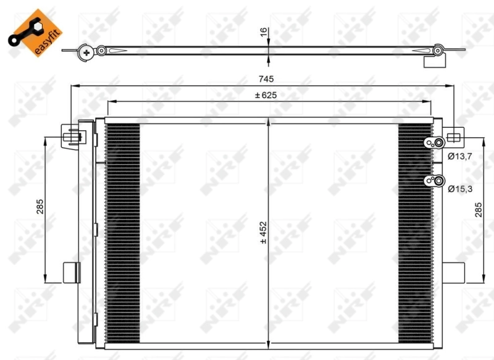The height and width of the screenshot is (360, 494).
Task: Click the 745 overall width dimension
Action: point(266,78)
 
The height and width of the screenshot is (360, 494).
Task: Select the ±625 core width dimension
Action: point(266,95)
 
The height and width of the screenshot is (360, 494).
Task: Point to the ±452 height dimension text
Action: point(263,233)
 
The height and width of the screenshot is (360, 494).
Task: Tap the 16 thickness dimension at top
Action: point(263,33)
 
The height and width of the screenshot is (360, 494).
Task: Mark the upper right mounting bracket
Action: point(453,136)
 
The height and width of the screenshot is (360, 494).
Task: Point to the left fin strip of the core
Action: point(123,232)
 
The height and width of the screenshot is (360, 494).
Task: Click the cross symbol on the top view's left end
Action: point(86,54)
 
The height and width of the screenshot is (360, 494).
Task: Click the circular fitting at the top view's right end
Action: point(438,49)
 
